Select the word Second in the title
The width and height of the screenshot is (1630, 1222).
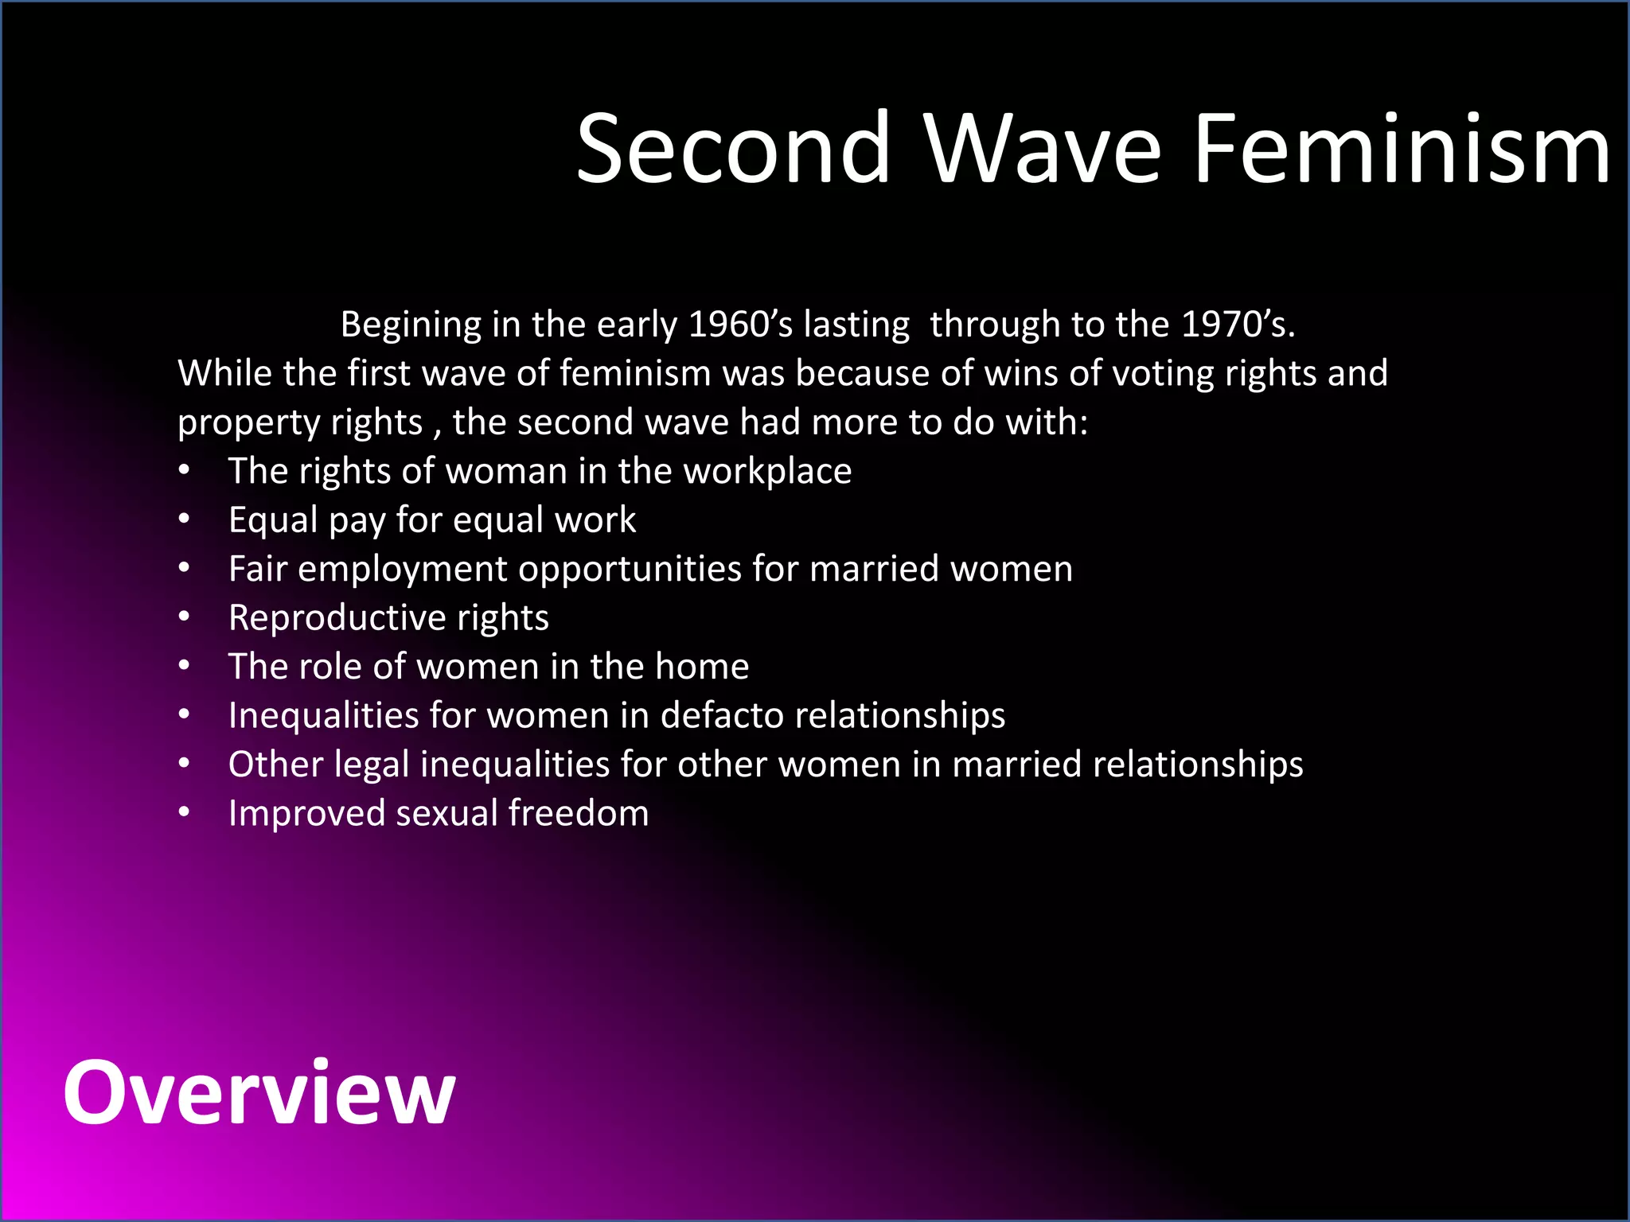pyautogui.click(x=733, y=149)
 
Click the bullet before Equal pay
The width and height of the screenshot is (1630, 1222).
pyautogui.click(x=185, y=520)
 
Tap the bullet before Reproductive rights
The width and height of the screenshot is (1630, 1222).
pyautogui.click(x=185, y=617)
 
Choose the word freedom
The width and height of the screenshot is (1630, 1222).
pyautogui.click(x=579, y=813)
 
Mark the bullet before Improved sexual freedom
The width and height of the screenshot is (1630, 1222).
pyautogui.click(x=185, y=813)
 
